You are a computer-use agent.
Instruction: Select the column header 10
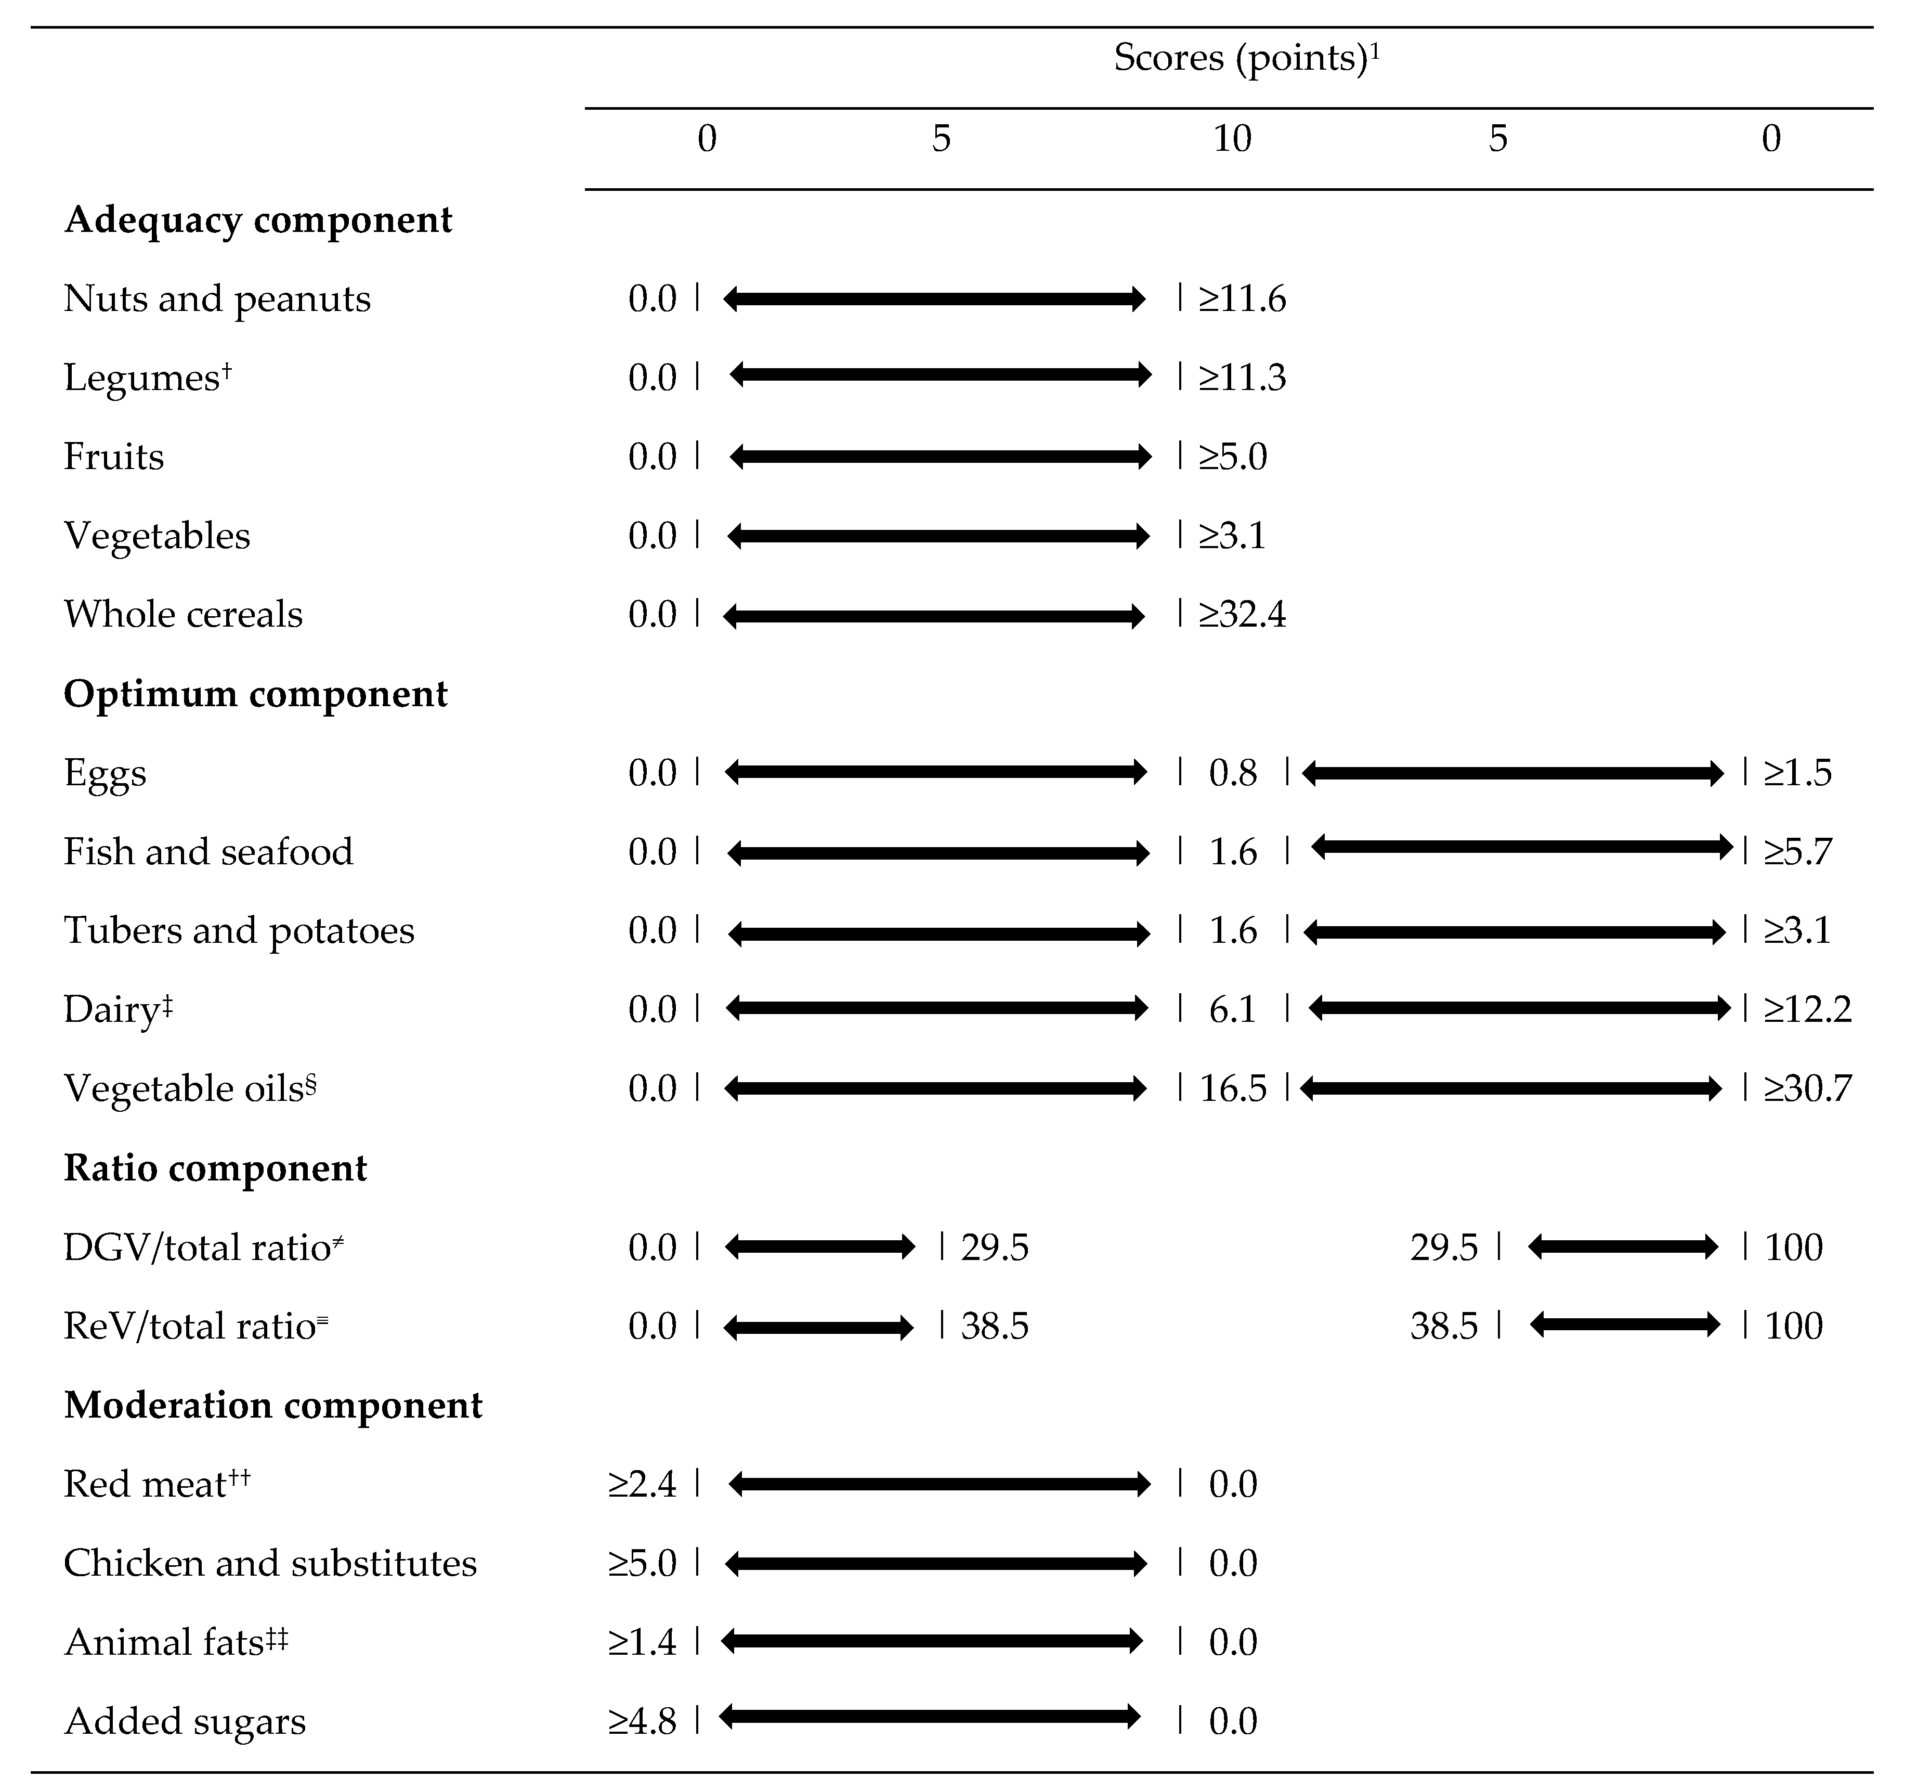1232,139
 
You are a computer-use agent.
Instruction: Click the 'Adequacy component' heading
258,219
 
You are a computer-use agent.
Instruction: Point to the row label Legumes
143,378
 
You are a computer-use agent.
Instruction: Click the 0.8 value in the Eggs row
1232,772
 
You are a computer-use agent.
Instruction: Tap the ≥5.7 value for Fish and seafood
1798,851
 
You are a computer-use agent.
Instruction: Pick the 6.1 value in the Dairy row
1232,1009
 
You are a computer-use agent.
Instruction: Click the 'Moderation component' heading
273,1405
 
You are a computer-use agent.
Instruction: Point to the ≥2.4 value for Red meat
642,1484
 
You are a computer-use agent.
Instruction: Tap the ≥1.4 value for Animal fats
642,1642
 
